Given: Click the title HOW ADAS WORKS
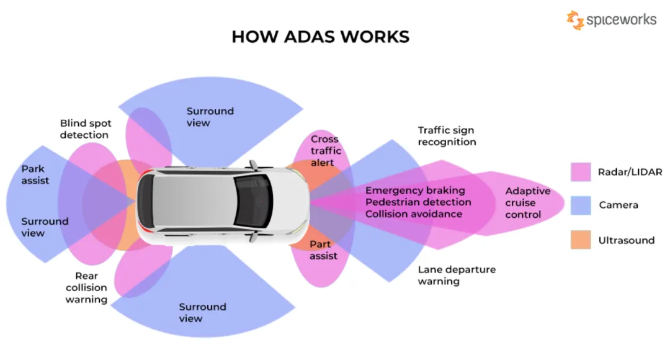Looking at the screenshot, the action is [x=321, y=37].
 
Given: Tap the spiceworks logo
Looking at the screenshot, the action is [x=612, y=20].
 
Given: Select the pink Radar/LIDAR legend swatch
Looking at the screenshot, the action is [x=581, y=172].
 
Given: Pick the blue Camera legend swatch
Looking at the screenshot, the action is [x=581, y=205].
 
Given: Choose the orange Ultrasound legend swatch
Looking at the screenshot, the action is [x=581, y=240].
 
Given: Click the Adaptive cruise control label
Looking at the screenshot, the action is [x=528, y=203].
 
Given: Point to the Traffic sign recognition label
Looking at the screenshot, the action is [x=447, y=136].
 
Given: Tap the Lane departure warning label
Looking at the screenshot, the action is [x=457, y=276].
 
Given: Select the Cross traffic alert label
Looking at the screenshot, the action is [x=326, y=151].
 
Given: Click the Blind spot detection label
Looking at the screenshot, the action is [x=86, y=129].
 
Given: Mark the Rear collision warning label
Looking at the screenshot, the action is [x=86, y=288].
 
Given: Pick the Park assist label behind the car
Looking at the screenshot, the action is [x=35, y=175].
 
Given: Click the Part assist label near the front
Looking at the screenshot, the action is [x=323, y=250].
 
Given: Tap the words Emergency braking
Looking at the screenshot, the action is [x=415, y=191].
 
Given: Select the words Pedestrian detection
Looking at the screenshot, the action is [x=418, y=202].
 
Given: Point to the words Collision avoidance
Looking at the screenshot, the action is [x=414, y=214].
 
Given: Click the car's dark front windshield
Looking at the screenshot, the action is [x=253, y=201].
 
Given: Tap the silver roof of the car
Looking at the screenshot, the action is [x=194, y=201].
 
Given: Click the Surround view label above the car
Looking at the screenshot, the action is [x=210, y=117].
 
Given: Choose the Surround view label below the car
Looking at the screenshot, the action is [x=202, y=313].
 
